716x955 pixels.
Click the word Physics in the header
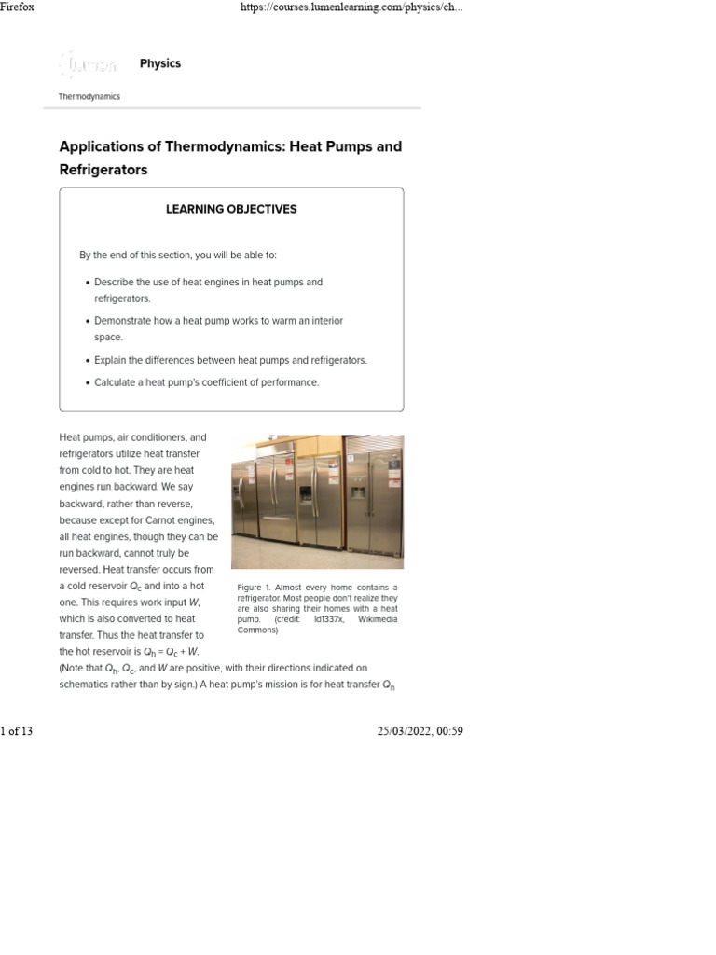tap(159, 63)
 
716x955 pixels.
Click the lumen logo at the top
tap(89, 64)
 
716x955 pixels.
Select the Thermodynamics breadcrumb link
tap(89, 97)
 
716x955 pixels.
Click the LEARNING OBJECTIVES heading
tap(231, 210)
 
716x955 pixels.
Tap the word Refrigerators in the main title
tap(103, 171)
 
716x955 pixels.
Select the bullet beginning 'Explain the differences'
tap(230, 360)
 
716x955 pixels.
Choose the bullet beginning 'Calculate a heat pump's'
tap(206, 382)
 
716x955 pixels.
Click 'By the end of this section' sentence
tap(177, 256)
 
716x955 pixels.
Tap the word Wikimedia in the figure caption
tap(378, 619)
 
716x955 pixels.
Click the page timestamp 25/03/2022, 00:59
tap(420, 731)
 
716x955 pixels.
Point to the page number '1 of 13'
tap(17, 731)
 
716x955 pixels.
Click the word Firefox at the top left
tap(17, 7)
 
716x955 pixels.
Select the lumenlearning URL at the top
tap(351, 7)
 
